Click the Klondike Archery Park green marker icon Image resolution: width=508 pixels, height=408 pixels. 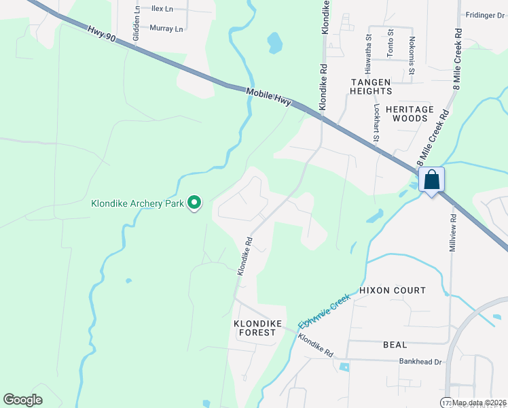tap(194, 202)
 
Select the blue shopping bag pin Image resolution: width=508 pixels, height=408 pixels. tap(432, 181)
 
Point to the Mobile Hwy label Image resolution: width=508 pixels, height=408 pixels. tap(269, 97)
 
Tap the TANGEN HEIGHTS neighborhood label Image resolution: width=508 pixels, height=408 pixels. tap(371, 86)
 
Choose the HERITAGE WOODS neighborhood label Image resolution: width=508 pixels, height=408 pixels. tap(410, 114)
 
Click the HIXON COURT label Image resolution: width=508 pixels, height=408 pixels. tap(393, 290)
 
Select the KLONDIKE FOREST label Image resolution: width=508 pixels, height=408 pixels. tap(255, 328)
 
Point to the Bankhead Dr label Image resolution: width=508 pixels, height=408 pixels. tap(421, 362)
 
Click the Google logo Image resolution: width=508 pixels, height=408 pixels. tap(23, 400)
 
